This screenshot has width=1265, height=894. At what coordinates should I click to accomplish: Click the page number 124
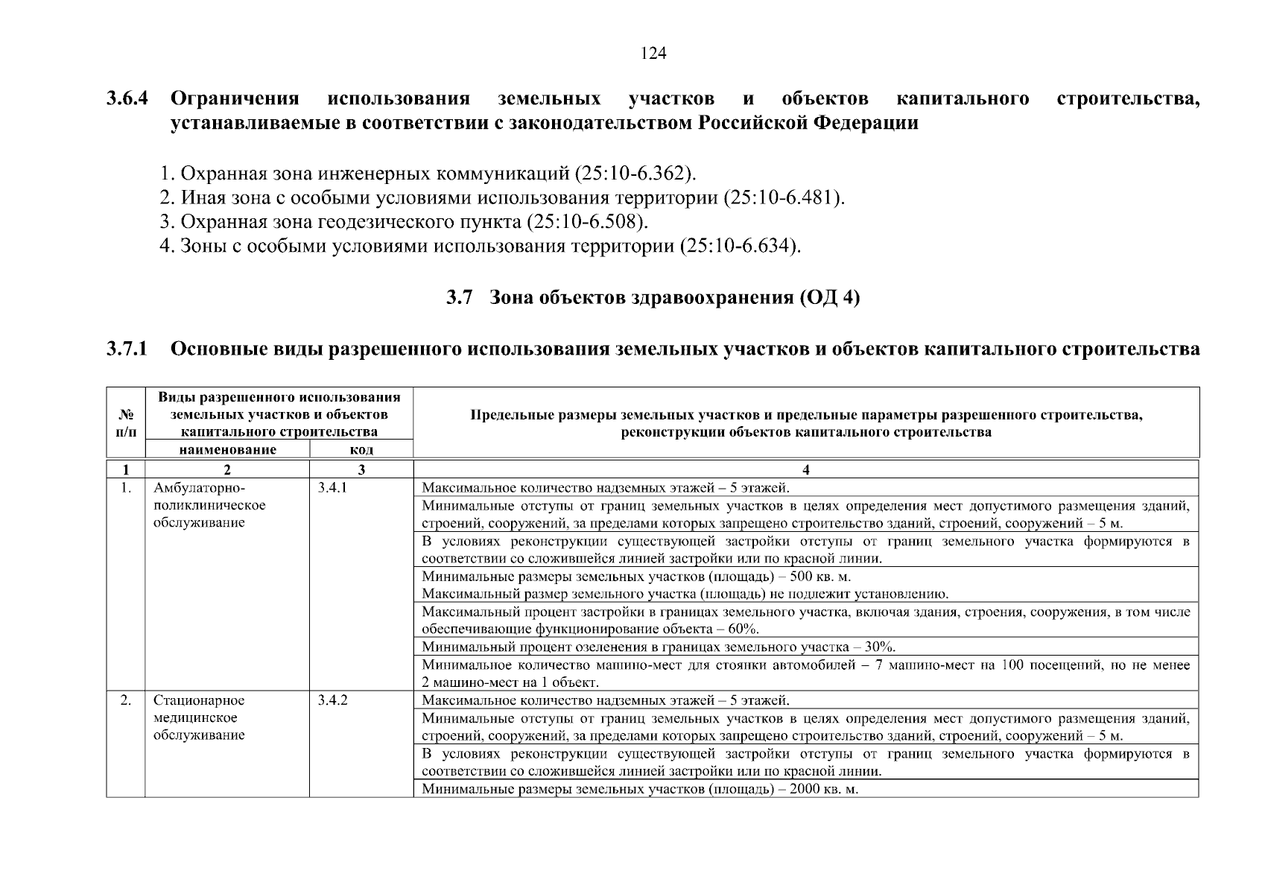coord(653,54)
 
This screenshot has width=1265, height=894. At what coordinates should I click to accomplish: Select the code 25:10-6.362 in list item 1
coord(635,174)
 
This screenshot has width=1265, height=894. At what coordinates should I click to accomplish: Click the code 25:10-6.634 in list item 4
coord(740,246)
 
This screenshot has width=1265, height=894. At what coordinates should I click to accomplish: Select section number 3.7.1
coord(127,348)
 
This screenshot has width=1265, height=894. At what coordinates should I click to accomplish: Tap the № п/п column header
coord(126,423)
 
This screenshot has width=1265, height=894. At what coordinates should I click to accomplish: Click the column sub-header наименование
coord(227,450)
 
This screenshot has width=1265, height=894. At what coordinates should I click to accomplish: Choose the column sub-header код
coord(361,450)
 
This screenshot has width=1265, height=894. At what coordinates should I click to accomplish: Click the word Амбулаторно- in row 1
coord(199,489)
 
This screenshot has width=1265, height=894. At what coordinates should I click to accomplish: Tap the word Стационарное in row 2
coord(199,701)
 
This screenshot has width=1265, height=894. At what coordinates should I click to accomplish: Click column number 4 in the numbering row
coord(806,469)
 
